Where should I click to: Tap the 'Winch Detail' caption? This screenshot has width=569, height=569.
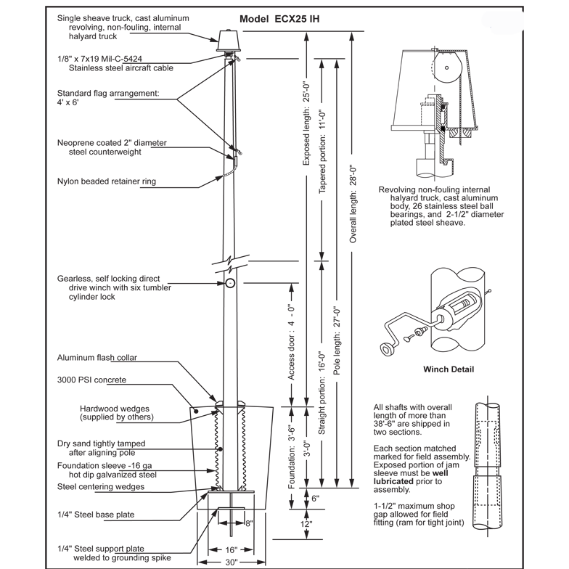point(449,369)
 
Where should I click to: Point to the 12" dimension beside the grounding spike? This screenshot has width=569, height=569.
point(306,523)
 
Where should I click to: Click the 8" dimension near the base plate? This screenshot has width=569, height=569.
point(248,521)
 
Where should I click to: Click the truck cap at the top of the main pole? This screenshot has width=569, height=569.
point(229,41)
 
